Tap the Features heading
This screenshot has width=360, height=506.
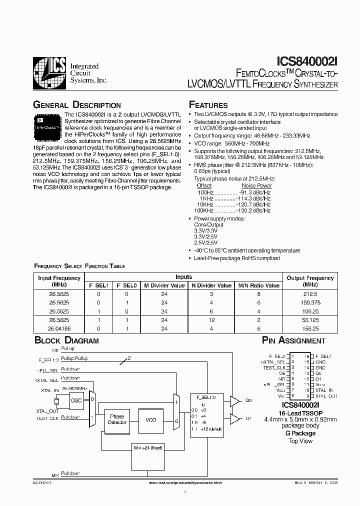tap(208, 105)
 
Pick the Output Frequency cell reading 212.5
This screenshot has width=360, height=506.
tap(309, 294)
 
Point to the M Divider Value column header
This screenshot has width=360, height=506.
tap(164, 285)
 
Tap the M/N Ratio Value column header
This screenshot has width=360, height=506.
tap(258, 285)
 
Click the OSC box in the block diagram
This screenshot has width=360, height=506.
tap(76, 400)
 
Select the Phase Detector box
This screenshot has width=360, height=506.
tap(117, 419)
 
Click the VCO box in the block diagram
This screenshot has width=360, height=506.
tap(150, 419)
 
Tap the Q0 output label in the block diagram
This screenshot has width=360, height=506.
tap(249, 400)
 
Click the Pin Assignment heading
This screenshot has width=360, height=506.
tap(294, 341)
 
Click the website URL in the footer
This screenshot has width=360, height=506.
tap(185, 483)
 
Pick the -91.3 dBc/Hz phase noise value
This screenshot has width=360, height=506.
tap(254, 192)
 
